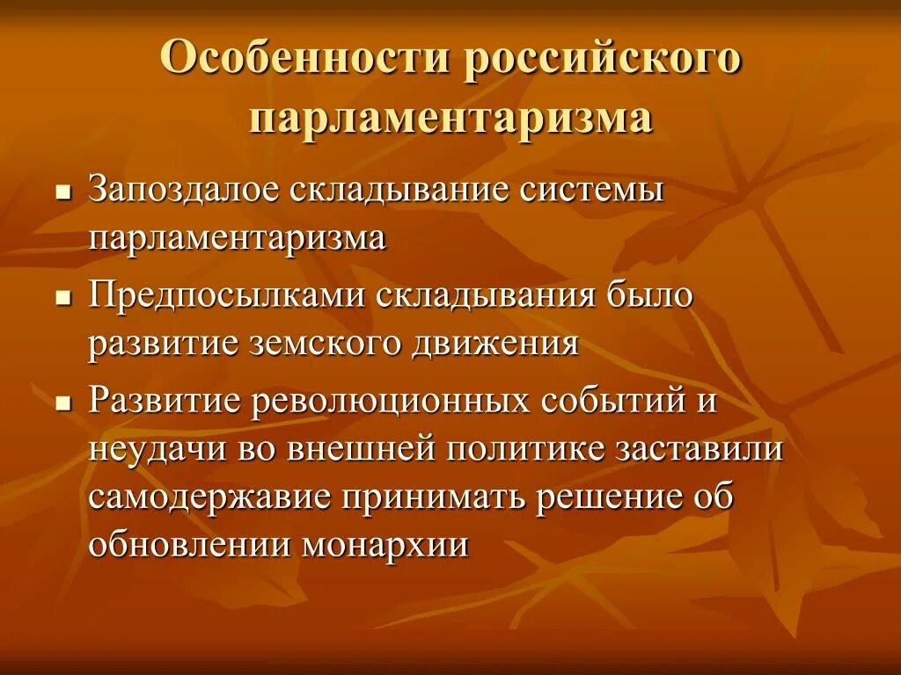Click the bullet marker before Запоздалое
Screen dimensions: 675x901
pyautogui.click(x=62, y=193)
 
